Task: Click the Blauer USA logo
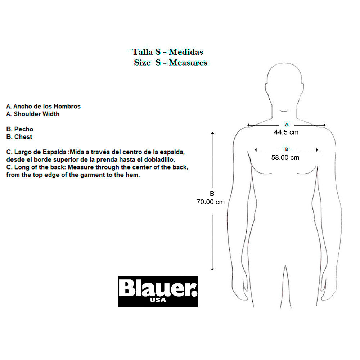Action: coord(158,291)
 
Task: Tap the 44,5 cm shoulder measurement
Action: coord(286,132)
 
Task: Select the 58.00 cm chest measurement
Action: coord(285,158)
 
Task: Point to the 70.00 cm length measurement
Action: coord(211,202)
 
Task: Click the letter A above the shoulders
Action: coord(287,125)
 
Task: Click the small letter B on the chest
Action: coord(287,149)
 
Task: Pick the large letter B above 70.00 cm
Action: coord(212,194)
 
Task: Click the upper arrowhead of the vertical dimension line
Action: coord(212,133)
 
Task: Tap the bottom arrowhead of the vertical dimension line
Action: coord(212,269)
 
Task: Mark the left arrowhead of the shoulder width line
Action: coord(248,125)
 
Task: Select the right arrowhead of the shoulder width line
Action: coord(324,125)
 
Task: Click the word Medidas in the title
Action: coord(186,52)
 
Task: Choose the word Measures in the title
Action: coord(188,62)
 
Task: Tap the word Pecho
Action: coord(24,129)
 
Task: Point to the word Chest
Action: coord(23,136)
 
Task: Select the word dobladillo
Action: coord(159,159)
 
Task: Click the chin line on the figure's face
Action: coord(284,111)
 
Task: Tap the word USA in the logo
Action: coord(158,300)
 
